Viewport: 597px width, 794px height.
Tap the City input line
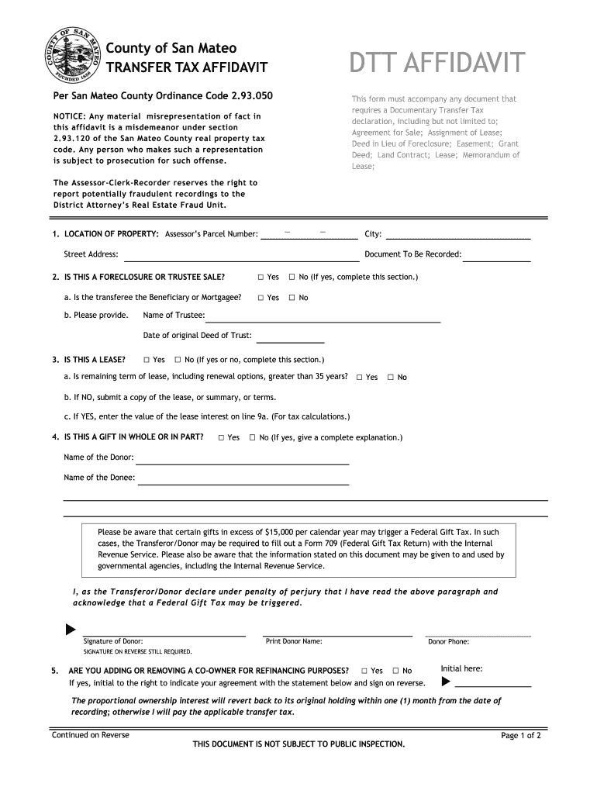pyautogui.click(x=457, y=235)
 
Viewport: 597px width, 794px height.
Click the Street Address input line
pyautogui.click(x=237, y=257)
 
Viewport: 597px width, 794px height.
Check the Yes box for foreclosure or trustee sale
pyautogui.click(x=261, y=277)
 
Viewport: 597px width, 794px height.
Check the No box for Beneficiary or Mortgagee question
pyautogui.click(x=292, y=298)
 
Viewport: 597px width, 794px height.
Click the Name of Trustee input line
pyautogui.click(x=323, y=317)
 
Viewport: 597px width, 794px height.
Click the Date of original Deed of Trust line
pyautogui.click(x=290, y=338)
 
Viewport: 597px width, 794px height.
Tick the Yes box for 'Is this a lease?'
pyautogui.click(x=147, y=360)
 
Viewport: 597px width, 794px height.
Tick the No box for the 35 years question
pyautogui.click(x=391, y=378)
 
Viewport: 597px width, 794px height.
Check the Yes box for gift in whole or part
pyautogui.click(x=222, y=438)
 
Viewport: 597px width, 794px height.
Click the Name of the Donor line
pyautogui.click(x=243, y=460)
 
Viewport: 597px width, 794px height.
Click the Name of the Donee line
pyautogui.click(x=243, y=480)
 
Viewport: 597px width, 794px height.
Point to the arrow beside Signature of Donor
pyautogui.click(x=71, y=628)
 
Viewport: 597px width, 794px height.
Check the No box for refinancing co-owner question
pyautogui.click(x=396, y=671)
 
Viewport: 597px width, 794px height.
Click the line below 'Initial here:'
pyautogui.click(x=493, y=684)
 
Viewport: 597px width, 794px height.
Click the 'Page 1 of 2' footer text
pyautogui.click(x=520, y=736)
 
